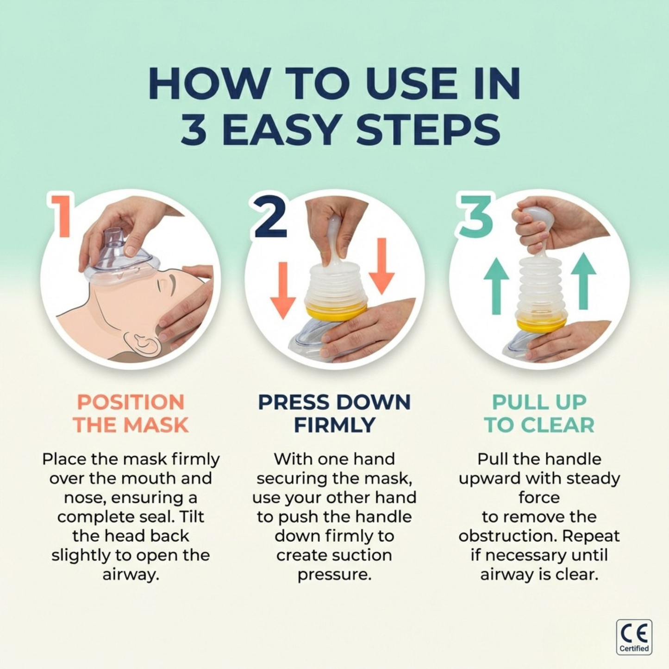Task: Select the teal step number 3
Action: pos(476,216)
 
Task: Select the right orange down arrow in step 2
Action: pos(381,266)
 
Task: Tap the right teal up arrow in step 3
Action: pos(583,281)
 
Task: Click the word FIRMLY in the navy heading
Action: pos(334,425)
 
